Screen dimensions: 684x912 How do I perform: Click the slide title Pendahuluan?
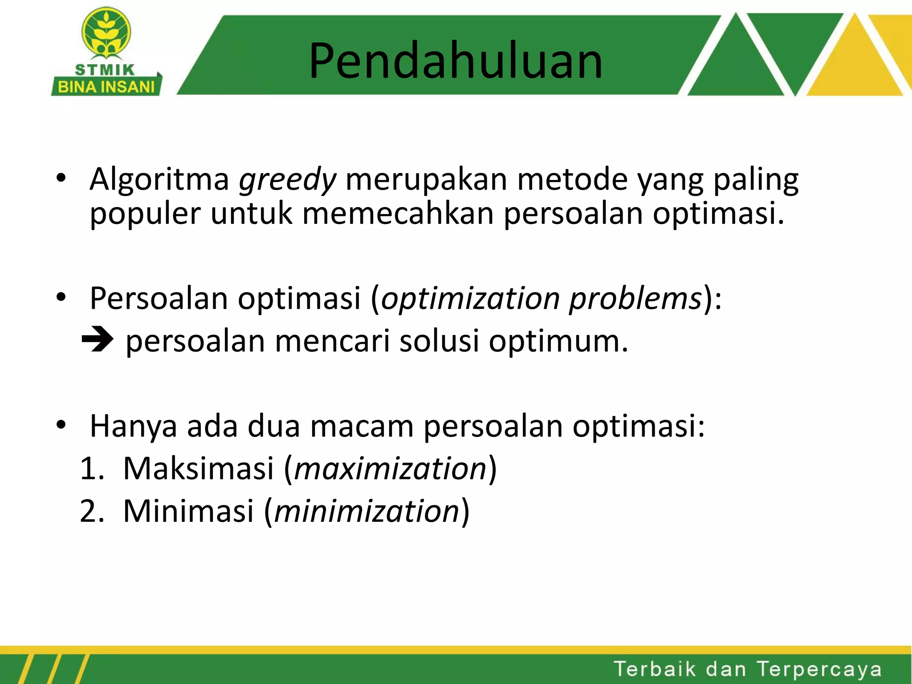click(456, 61)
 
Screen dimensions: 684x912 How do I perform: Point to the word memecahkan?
click(398, 213)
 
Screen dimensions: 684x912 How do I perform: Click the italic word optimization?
click(470, 299)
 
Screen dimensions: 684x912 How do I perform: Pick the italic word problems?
click(636, 299)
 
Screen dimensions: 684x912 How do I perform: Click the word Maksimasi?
click(198, 469)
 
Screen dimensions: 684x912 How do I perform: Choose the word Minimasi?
click(188, 511)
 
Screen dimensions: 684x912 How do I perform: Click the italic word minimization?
click(367, 511)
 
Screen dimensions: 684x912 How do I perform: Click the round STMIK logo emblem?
click(106, 33)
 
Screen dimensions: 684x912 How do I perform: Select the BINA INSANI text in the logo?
click(106, 87)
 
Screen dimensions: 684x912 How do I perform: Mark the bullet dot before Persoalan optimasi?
click(61, 297)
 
